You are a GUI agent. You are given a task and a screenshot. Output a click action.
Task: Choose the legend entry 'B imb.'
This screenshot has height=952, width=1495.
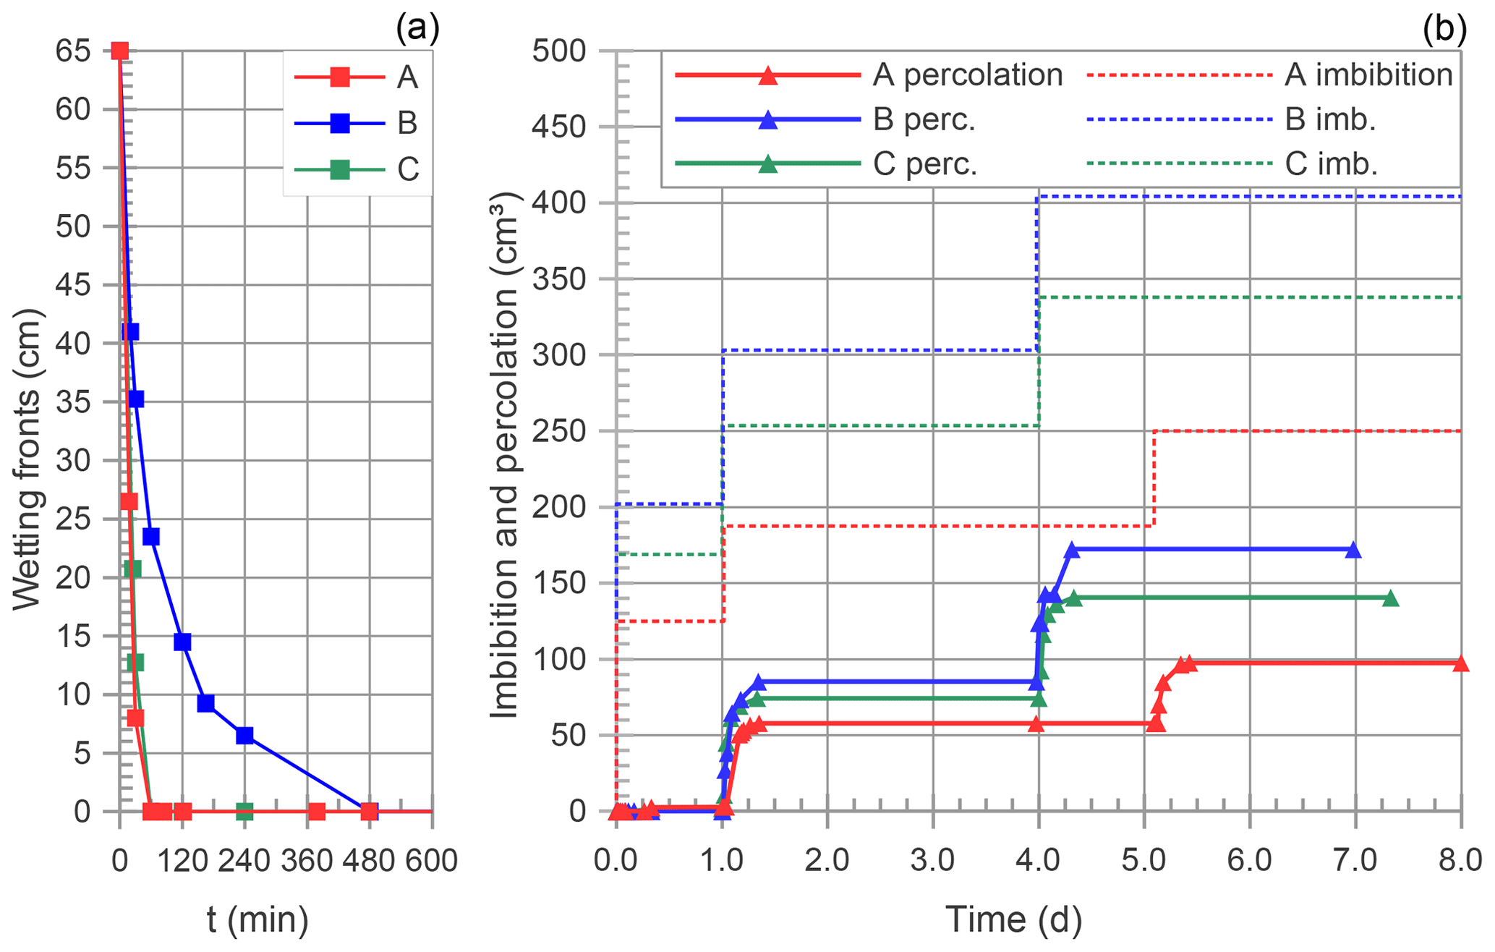point(1329,119)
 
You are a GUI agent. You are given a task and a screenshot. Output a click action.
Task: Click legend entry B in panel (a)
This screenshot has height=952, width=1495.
point(406,123)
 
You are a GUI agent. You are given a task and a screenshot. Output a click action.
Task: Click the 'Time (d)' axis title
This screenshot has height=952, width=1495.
point(1013,919)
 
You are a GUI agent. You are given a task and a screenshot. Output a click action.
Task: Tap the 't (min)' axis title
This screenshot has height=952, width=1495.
point(257,919)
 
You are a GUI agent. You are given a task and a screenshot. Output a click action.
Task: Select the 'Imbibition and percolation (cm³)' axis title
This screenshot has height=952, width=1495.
point(505,456)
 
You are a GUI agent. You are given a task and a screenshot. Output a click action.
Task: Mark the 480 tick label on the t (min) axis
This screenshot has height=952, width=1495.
point(370,861)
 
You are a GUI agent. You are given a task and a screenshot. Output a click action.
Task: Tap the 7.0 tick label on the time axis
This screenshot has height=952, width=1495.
point(1355,861)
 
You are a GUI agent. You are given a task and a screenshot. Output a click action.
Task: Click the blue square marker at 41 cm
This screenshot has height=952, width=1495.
point(130,332)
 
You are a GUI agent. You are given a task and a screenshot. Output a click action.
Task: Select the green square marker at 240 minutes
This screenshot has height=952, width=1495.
point(244,812)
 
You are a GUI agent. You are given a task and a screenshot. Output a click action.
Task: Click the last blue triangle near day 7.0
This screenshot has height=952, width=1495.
point(1353,551)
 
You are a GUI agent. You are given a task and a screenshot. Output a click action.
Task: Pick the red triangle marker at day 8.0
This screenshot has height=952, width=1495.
point(1460,663)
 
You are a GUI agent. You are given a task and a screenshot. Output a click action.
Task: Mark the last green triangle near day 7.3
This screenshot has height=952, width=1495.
point(1389,598)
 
